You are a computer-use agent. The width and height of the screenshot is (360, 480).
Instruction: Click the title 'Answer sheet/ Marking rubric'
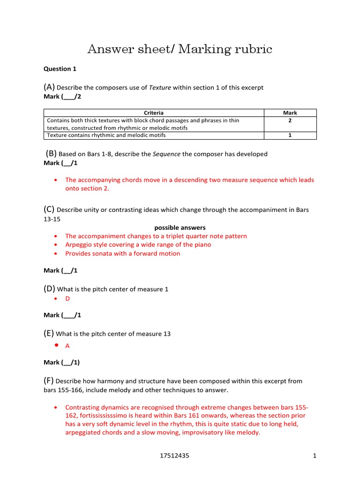[180, 49]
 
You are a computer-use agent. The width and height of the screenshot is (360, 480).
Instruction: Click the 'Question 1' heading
[60, 69]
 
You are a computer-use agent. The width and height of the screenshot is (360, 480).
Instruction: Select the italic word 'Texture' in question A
[160, 88]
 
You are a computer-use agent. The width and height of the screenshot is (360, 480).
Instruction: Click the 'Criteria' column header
[154, 113]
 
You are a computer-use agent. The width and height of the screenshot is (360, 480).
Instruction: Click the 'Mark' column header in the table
[290, 113]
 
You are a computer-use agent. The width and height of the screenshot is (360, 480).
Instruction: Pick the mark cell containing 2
[290, 120]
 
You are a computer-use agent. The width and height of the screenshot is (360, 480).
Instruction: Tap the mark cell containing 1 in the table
[290, 135]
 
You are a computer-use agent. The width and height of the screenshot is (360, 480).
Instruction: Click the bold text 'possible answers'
[180, 228]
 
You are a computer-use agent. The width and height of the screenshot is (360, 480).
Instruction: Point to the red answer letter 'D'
[67, 298]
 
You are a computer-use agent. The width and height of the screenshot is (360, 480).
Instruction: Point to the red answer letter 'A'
[67, 346]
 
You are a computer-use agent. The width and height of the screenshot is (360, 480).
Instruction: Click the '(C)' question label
[49, 210]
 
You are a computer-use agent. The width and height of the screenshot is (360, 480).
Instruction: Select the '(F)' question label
[49, 381]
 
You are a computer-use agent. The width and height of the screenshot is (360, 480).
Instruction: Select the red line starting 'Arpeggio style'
[138, 245]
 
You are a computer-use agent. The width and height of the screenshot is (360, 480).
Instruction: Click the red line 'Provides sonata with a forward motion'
[122, 254]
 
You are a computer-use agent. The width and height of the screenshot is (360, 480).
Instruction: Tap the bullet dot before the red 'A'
[56, 345]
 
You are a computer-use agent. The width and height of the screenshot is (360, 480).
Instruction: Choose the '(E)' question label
[49, 334]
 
